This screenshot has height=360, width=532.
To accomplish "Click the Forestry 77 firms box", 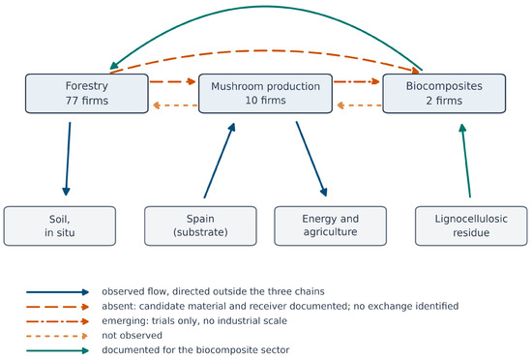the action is (x=87, y=93).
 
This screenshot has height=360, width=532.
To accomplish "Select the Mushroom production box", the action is (x=265, y=93).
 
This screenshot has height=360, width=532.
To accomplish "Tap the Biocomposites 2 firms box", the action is (x=444, y=93).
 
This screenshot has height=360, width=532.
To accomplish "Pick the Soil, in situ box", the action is (x=60, y=225).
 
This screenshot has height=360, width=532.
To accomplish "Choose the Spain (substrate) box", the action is (x=200, y=225).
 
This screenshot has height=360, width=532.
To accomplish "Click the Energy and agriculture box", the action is (x=331, y=225).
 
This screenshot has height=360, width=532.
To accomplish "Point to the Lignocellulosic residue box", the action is (x=471, y=225).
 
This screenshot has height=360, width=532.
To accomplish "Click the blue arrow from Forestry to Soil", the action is (x=68, y=159).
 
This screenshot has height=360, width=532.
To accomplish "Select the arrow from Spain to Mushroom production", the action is (x=220, y=160).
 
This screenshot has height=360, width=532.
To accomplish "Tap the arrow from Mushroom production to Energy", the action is (x=311, y=159).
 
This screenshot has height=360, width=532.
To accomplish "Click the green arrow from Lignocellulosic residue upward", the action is (x=466, y=161).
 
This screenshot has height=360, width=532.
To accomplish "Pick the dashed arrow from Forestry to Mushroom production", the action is (x=173, y=81).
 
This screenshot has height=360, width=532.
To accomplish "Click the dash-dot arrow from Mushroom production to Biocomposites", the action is (x=357, y=81).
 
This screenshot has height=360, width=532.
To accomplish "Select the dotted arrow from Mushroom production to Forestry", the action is (x=175, y=105).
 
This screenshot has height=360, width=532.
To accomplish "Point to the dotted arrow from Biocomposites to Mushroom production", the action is (x=359, y=105).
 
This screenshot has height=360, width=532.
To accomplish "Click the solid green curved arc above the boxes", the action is (x=266, y=6).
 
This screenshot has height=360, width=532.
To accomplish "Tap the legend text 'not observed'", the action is (x=132, y=335).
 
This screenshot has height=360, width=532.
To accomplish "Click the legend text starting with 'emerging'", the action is (x=194, y=320).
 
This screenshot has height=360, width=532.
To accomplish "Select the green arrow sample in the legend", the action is (x=57, y=350).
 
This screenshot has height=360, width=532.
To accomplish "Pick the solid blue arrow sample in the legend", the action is (x=57, y=292).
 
